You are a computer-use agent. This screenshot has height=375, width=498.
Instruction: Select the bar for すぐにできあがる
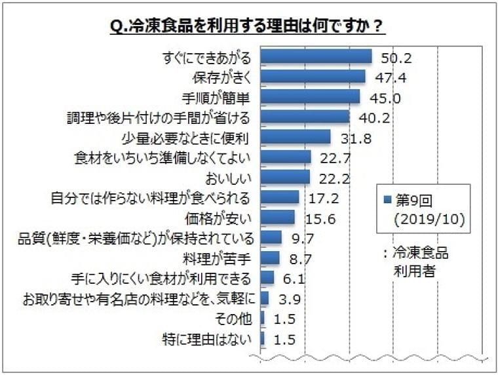(x=316, y=57)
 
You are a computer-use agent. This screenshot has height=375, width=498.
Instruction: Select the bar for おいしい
(x=285, y=176)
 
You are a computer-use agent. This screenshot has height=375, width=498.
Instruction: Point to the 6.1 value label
(x=290, y=277)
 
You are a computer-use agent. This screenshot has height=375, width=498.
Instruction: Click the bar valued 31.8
(x=296, y=137)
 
